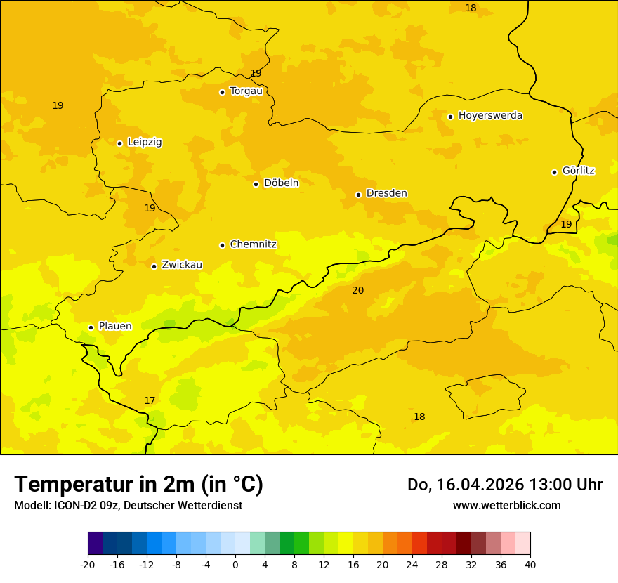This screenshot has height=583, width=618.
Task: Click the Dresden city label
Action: click(386, 193)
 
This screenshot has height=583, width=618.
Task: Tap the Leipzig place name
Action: click(145, 143)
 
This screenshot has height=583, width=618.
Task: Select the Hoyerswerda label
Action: click(490, 116)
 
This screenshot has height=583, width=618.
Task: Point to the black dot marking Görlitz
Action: click(554, 172)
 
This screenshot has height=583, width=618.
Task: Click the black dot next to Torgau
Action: click(222, 92)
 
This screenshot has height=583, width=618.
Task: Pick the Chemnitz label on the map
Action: click(253, 244)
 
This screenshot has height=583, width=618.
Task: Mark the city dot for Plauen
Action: click(91, 327)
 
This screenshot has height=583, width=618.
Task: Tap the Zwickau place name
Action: click(182, 265)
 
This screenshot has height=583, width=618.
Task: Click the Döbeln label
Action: click(281, 183)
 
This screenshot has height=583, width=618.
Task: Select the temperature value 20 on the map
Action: click(358, 290)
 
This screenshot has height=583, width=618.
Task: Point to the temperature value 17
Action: click(150, 400)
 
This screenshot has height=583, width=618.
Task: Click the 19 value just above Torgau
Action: click(256, 73)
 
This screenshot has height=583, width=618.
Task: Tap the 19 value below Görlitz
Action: click(566, 224)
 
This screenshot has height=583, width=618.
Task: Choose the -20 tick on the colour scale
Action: click(88, 564)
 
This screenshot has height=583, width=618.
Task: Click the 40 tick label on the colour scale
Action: click(530, 564)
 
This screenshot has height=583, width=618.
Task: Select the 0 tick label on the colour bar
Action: click(235, 564)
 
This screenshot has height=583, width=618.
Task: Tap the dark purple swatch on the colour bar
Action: click(95, 544)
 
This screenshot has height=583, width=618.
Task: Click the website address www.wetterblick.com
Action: click(506, 505)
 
